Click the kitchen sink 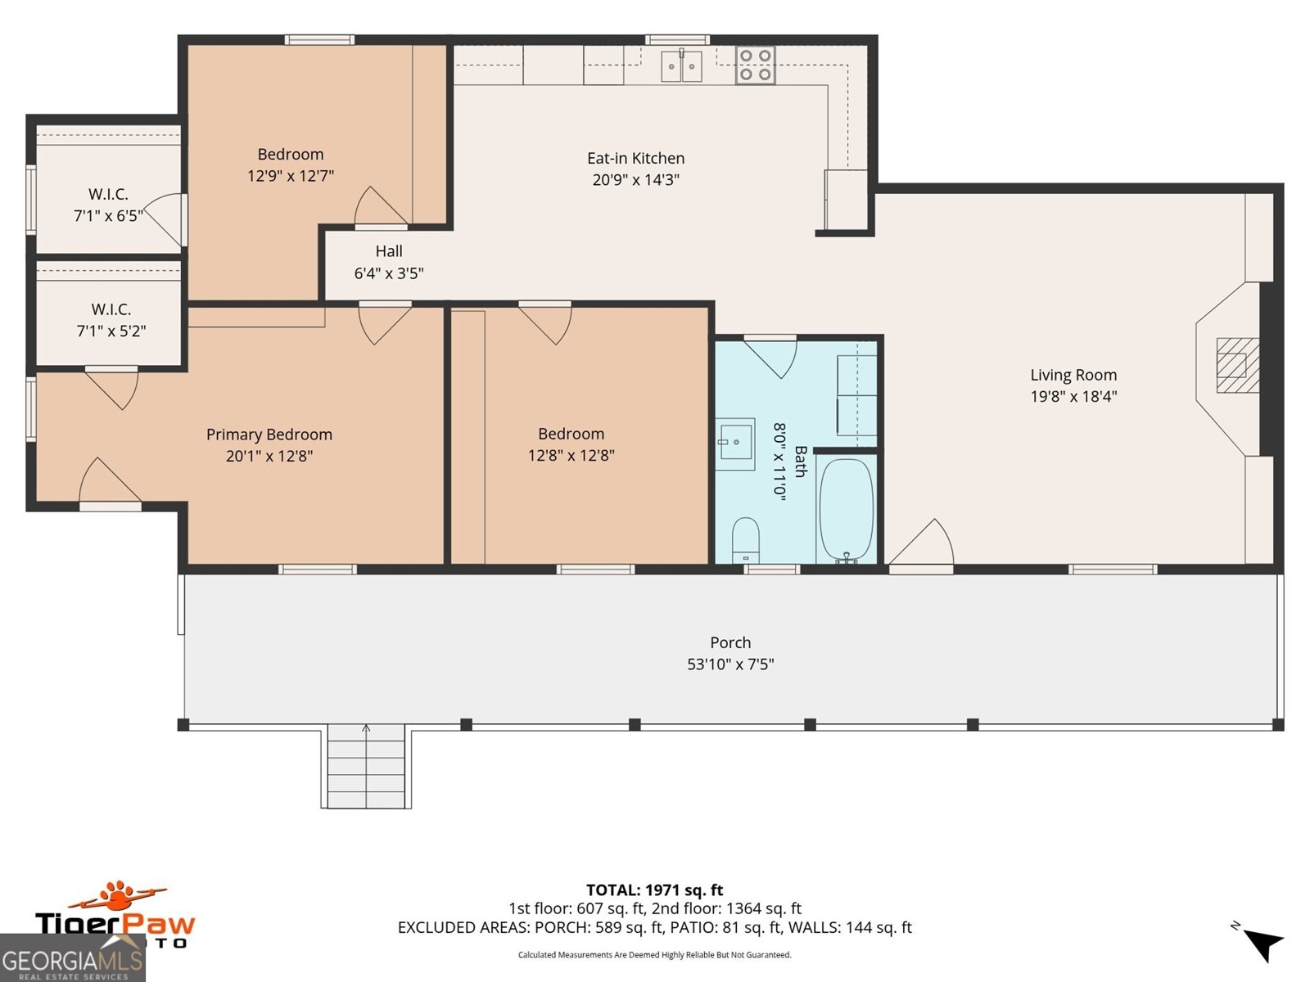(x=681, y=65)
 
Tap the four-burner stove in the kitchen (x=755, y=65)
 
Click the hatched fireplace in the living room (x=1236, y=365)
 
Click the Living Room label (x=1073, y=375)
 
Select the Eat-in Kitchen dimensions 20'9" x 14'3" (x=635, y=180)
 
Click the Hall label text (x=389, y=251)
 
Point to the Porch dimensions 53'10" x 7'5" (x=730, y=664)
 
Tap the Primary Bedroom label (x=269, y=435)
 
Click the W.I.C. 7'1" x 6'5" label (x=108, y=205)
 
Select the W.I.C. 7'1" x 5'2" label (x=111, y=320)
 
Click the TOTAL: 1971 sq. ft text (x=654, y=890)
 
